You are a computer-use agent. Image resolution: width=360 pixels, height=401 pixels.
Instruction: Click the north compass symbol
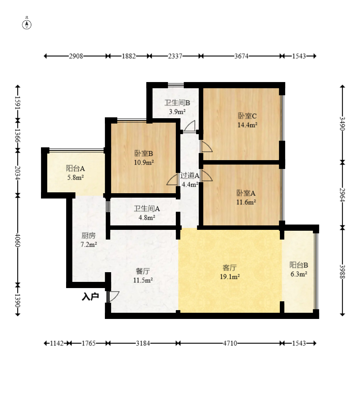pyautogui.click(x=27, y=24)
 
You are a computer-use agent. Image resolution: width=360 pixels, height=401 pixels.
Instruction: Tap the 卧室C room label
pyautogui.click(x=247, y=116)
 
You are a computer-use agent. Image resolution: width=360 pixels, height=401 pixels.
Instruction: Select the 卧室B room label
pyautogui.click(x=144, y=154)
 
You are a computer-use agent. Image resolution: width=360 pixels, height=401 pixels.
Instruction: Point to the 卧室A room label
pyautogui.click(x=246, y=193)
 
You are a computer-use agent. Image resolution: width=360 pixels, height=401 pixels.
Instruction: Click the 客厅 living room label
pyautogui.click(x=230, y=267)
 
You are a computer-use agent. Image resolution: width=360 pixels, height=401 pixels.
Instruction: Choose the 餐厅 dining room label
pyautogui.click(x=143, y=271)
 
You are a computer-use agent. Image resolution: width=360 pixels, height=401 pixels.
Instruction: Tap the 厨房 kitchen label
pyautogui.click(x=89, y=236)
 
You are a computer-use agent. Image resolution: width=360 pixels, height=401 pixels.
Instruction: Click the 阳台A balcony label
pyautogui.click(x=75, y=169)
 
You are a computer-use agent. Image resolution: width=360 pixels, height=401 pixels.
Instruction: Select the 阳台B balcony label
pyautogui.click(x=299, y=265)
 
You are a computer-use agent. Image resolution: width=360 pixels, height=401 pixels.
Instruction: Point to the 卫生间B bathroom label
pyautogui.click(x=177, y=103)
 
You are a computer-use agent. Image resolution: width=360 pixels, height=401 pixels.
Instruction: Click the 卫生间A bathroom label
pyautogui.click(x=147, y=209)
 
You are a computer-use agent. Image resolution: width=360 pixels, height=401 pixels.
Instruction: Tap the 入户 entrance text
pyautogui.click(x=90, y=296)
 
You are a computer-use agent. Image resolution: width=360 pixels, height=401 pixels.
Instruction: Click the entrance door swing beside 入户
pyautogui.click(x=112, y=296)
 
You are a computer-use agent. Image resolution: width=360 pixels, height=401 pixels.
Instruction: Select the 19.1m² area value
pyautogui.click(x=230, y=277)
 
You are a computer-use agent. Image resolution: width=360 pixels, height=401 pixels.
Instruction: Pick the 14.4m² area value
pyautogui.click(x=247, y=125)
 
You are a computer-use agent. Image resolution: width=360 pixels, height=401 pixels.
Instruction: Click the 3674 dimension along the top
pyautogui.click(x=241, y=56)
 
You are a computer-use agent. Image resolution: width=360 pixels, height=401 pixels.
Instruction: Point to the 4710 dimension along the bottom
pyautogui.click(x=230, y=343)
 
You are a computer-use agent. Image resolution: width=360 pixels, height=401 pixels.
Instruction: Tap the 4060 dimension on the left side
pyautogui.click(x=17, y=240)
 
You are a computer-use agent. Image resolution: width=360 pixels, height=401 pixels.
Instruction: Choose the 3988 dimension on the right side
pyautogui.click(x=342, y=271)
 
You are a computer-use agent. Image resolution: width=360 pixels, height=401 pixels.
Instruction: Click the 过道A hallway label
pyautogui.click(x=190, y=176)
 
